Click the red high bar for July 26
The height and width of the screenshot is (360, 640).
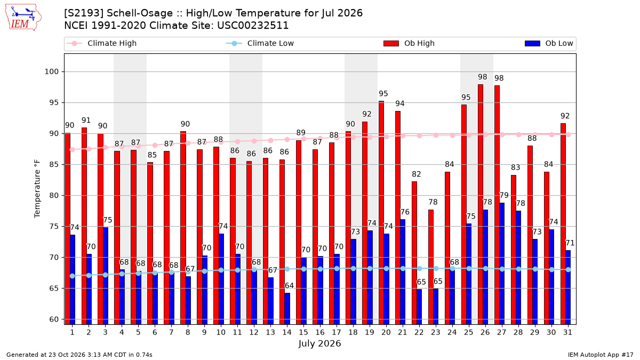[x=481, y=204]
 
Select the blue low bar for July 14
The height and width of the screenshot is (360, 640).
[x=287, y=309]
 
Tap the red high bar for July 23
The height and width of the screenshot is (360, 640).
[x=431, y=267]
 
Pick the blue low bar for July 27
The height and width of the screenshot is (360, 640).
[x=502, y=263]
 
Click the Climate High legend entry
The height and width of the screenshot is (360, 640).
[x=101, y=43]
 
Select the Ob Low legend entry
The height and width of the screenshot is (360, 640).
[x=549, y=43]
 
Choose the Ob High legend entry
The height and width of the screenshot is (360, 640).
[x=409, y=43]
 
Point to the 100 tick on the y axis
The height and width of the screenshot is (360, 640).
[x=51, y=71]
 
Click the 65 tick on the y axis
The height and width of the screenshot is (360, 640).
[x=54, y=289]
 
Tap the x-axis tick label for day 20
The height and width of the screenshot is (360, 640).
[x=386, y=332]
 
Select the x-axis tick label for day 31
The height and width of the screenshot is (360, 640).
[x=567, y=332]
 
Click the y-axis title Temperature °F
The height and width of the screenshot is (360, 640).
[x=37, y=189]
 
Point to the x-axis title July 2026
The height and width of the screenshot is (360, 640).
[x=319, y=343]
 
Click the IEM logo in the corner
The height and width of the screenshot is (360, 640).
[x=23, y=18]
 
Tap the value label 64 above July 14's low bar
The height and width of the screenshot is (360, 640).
[x=289, y=286]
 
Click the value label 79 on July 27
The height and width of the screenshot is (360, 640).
[x=504, y=195]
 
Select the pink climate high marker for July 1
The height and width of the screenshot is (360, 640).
[x=73, y=149]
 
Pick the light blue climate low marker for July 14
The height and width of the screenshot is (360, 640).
[x=287, y=269]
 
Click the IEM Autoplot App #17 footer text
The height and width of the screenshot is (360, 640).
[x=601, y=355]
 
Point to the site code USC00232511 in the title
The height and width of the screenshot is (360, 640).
[x=253, y=26]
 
